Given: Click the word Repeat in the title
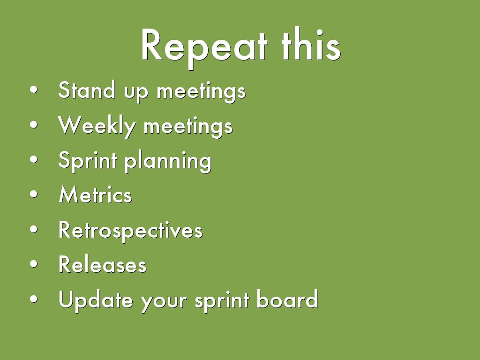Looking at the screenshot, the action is point(204,47).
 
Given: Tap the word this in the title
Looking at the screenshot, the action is point(311,45).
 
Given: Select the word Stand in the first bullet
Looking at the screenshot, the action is point(87,90).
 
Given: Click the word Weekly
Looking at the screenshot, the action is point(97,126).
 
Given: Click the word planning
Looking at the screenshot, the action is point(168,161).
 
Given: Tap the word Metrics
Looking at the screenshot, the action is point(95,195).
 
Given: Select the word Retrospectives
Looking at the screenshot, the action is point(130,231).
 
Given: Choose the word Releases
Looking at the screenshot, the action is point(103,264).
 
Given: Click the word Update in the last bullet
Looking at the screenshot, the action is point(96,300).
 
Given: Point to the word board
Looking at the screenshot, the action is point(287,299).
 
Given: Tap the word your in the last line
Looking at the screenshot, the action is point(164,302).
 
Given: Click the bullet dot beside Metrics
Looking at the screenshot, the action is point(34,194).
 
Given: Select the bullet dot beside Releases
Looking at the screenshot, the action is point(34,264).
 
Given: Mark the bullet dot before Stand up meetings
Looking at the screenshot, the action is point(34,90).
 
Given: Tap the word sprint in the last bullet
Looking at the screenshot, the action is point(222,301).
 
